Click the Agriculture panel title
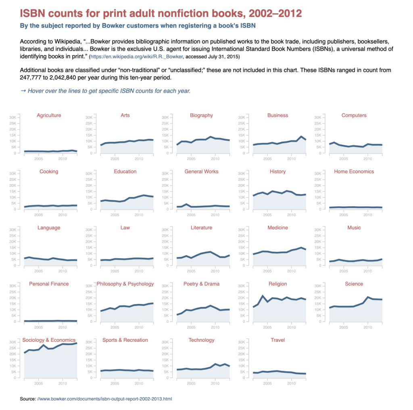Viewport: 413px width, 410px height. (49, 115)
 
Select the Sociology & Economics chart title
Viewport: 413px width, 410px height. (49, 340)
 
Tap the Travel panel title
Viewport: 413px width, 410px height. (277, 340)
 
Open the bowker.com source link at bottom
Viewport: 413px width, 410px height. (104, 399)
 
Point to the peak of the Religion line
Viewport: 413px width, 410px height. (263, 296)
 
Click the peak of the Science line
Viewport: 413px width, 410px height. (368, 297)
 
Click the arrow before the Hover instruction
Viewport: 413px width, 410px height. (23, 91)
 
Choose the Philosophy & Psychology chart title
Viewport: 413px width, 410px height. (125, 284)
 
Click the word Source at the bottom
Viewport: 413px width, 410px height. (27, 399)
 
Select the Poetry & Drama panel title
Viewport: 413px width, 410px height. (201, 284)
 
